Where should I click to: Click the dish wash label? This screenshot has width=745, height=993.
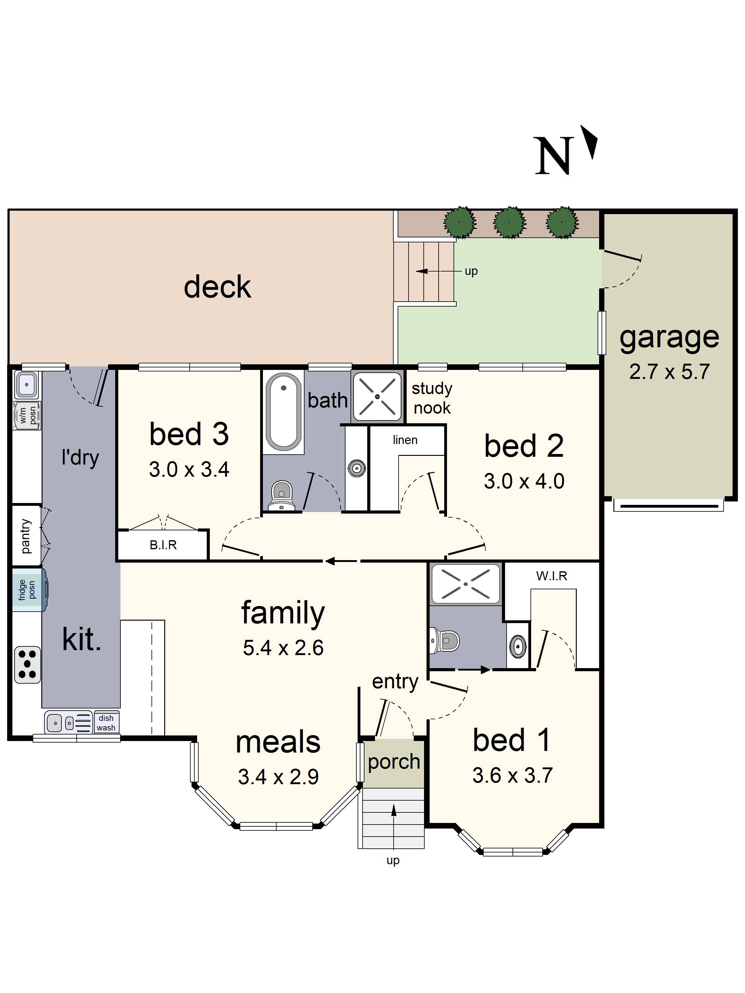(x=106, y=723)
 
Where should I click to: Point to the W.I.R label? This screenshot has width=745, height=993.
(x=551, y=576)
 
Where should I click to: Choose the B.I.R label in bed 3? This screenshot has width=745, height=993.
(x=163, y=545)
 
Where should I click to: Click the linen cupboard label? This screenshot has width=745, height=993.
(x=405, y=440)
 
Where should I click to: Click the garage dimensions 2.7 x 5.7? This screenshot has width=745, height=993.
(x=669, y=372)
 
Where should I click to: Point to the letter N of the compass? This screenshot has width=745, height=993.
(x=554, y=155)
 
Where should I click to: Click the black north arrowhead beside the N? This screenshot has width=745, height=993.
(x=590, y=142)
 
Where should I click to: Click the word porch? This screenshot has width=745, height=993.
(x=394, y=762)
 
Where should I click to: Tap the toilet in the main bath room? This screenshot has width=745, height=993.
(x=282, y=496)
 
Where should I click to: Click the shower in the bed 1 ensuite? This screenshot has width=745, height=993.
(x=466, y=584)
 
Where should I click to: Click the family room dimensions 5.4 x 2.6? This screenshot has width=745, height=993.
(x=283, y=648)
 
